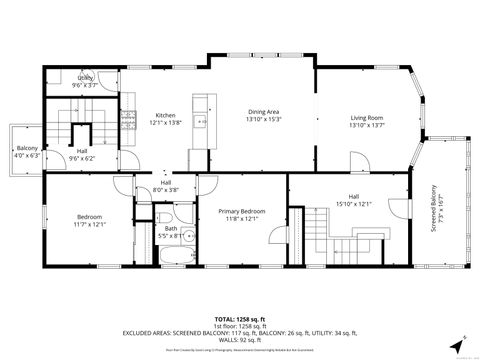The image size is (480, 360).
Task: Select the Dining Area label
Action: (263, 116)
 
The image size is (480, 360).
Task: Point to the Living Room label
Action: (366, 121)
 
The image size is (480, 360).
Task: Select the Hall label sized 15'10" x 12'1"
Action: (353, 200)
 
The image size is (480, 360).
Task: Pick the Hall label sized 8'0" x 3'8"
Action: (166, 186)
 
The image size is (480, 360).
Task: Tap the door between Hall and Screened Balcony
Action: (413, 180)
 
